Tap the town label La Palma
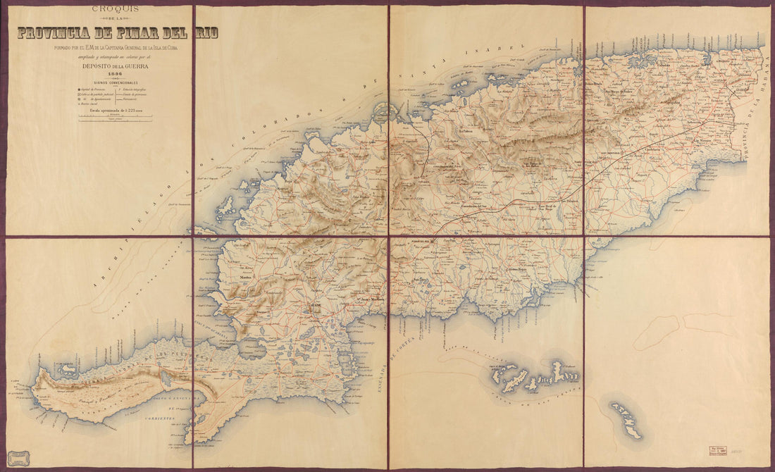pos(466,132)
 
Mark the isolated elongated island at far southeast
pos(626,420)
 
